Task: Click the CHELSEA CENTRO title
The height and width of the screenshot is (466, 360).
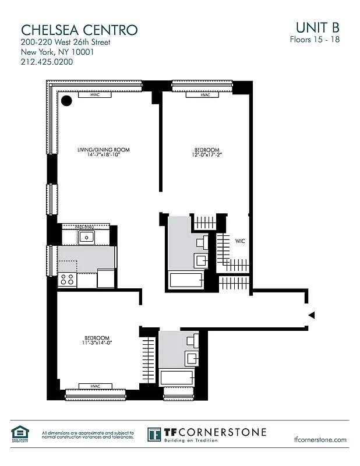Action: [79, 30]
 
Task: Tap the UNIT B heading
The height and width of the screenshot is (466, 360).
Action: [317, 27]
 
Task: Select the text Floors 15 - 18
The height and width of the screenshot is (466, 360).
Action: [314, 40]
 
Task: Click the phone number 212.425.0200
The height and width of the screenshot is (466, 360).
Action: [47, 62]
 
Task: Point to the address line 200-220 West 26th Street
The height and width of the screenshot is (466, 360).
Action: [65, 43]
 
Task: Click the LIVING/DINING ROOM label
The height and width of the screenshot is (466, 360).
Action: [103, 150]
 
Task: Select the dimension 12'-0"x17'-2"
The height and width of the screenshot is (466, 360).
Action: [207, 155]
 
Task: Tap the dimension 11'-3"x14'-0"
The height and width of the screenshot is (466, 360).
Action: [97, 343]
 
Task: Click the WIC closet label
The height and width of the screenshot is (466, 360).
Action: [240, 240]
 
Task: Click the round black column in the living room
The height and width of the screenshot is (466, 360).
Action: [67, 101]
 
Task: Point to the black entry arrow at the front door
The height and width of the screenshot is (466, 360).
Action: [311, 315]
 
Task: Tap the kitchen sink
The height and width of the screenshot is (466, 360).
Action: [87, 236]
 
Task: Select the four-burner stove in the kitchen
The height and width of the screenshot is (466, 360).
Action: [68, 279]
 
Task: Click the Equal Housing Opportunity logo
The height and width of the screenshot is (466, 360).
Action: [19, 433]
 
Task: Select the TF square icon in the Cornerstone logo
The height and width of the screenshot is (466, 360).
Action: [154, 434]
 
